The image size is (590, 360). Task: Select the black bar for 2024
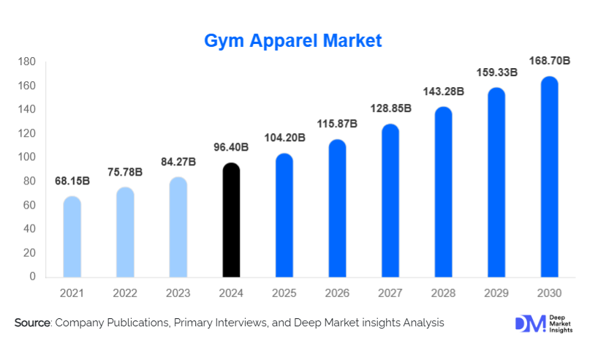(231, 220)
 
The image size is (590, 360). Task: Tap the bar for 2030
(549, 177)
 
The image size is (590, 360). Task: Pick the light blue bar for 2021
(72, 237)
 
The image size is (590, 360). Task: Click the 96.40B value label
(230, 147)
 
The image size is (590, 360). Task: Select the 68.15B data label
(72, 180)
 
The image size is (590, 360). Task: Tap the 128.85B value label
(390, 108)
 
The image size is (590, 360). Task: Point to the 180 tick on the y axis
(26, 62)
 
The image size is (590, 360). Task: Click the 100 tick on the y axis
(26, 157)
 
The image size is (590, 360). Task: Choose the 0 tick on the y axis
(32, 277)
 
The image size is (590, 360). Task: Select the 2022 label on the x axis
(125, 293)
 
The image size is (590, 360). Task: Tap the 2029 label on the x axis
(496, 293)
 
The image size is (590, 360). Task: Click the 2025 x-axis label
(284, 293)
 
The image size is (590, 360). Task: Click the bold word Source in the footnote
(32, 323)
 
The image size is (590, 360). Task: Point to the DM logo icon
(530, 323)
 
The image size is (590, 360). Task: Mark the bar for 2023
(178, 228)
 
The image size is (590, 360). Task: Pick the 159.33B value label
(497, 72)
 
